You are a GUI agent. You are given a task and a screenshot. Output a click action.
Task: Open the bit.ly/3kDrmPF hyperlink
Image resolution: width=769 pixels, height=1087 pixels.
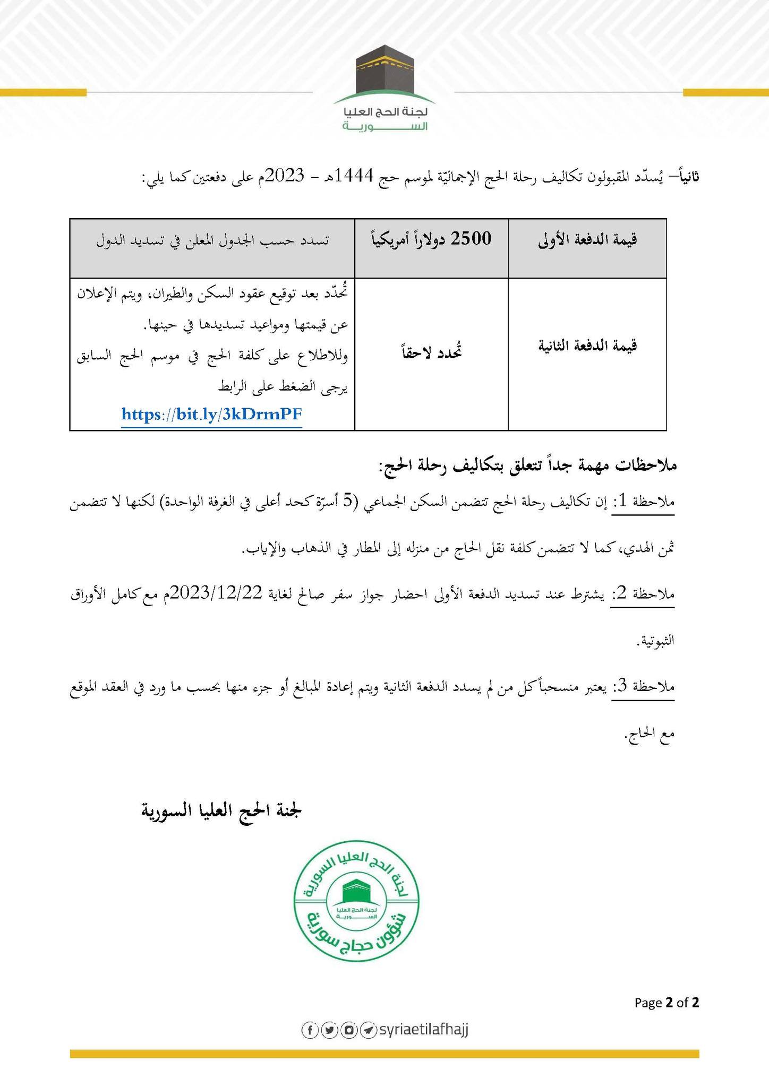tap(212, 414)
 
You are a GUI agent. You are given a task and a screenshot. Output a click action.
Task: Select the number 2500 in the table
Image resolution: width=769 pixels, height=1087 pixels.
tap(471, 239)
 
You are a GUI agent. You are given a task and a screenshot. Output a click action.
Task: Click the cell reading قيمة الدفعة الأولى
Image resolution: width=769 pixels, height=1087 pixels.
tap(587, 240)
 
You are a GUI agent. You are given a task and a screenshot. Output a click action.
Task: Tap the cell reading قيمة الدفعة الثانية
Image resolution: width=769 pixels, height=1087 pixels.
tap(587, 347)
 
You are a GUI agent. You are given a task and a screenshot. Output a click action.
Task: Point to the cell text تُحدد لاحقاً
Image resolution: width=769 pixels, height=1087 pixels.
tap(431, 352)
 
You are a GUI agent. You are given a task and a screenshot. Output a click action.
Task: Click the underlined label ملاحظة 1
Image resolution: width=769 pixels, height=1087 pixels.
tap(643, 501)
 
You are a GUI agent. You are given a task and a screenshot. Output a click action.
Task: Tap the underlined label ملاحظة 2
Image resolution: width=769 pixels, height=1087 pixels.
tap(643, 594)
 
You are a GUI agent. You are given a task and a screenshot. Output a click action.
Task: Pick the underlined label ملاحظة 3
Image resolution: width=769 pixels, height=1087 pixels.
tap(643, 687)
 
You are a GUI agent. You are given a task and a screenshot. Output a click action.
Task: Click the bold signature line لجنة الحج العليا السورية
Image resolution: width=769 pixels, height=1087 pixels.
tap(221, 810)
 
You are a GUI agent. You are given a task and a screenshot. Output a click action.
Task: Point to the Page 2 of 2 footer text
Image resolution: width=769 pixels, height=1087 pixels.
tap(667, 1003)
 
